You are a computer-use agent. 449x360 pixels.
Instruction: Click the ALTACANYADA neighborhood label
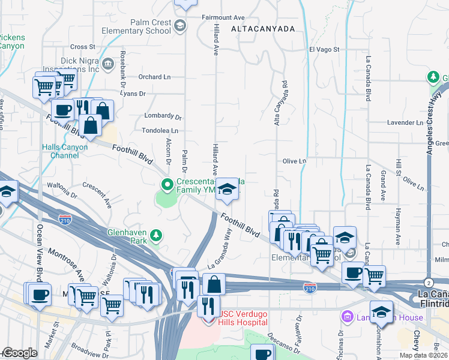click(x=263, y=29)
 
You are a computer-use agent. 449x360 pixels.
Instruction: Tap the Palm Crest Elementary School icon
click(x=180, y=26)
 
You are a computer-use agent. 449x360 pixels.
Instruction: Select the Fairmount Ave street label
click(x=223, y=18)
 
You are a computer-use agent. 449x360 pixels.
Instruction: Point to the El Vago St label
click(x=324, y=49)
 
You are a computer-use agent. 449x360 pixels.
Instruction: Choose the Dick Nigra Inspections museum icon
click(x=108, y=64)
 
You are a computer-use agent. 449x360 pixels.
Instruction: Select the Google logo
click(x=20, y=353)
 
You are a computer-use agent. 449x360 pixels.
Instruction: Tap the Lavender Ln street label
click(x=405, y=122)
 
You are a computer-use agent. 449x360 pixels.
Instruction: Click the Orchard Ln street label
click(x=154, y=77)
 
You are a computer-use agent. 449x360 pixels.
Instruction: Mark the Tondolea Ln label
click(x=160, y=130)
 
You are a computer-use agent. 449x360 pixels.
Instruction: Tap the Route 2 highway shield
click(x=427, y=283)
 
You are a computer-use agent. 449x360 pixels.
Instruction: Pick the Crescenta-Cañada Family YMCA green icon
click(x=166, y=184)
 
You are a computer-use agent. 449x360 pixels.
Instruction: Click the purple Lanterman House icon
click(x=346, y=316)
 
